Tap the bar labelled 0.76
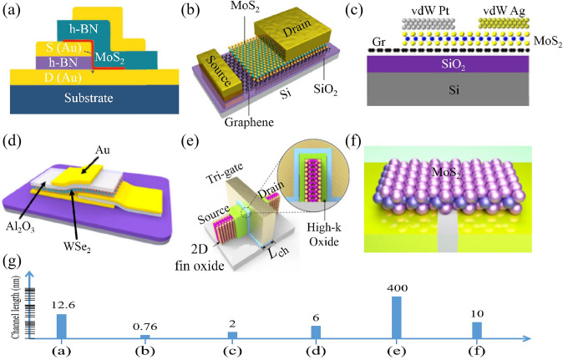pos(145,337)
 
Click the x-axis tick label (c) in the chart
pos(231,350)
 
